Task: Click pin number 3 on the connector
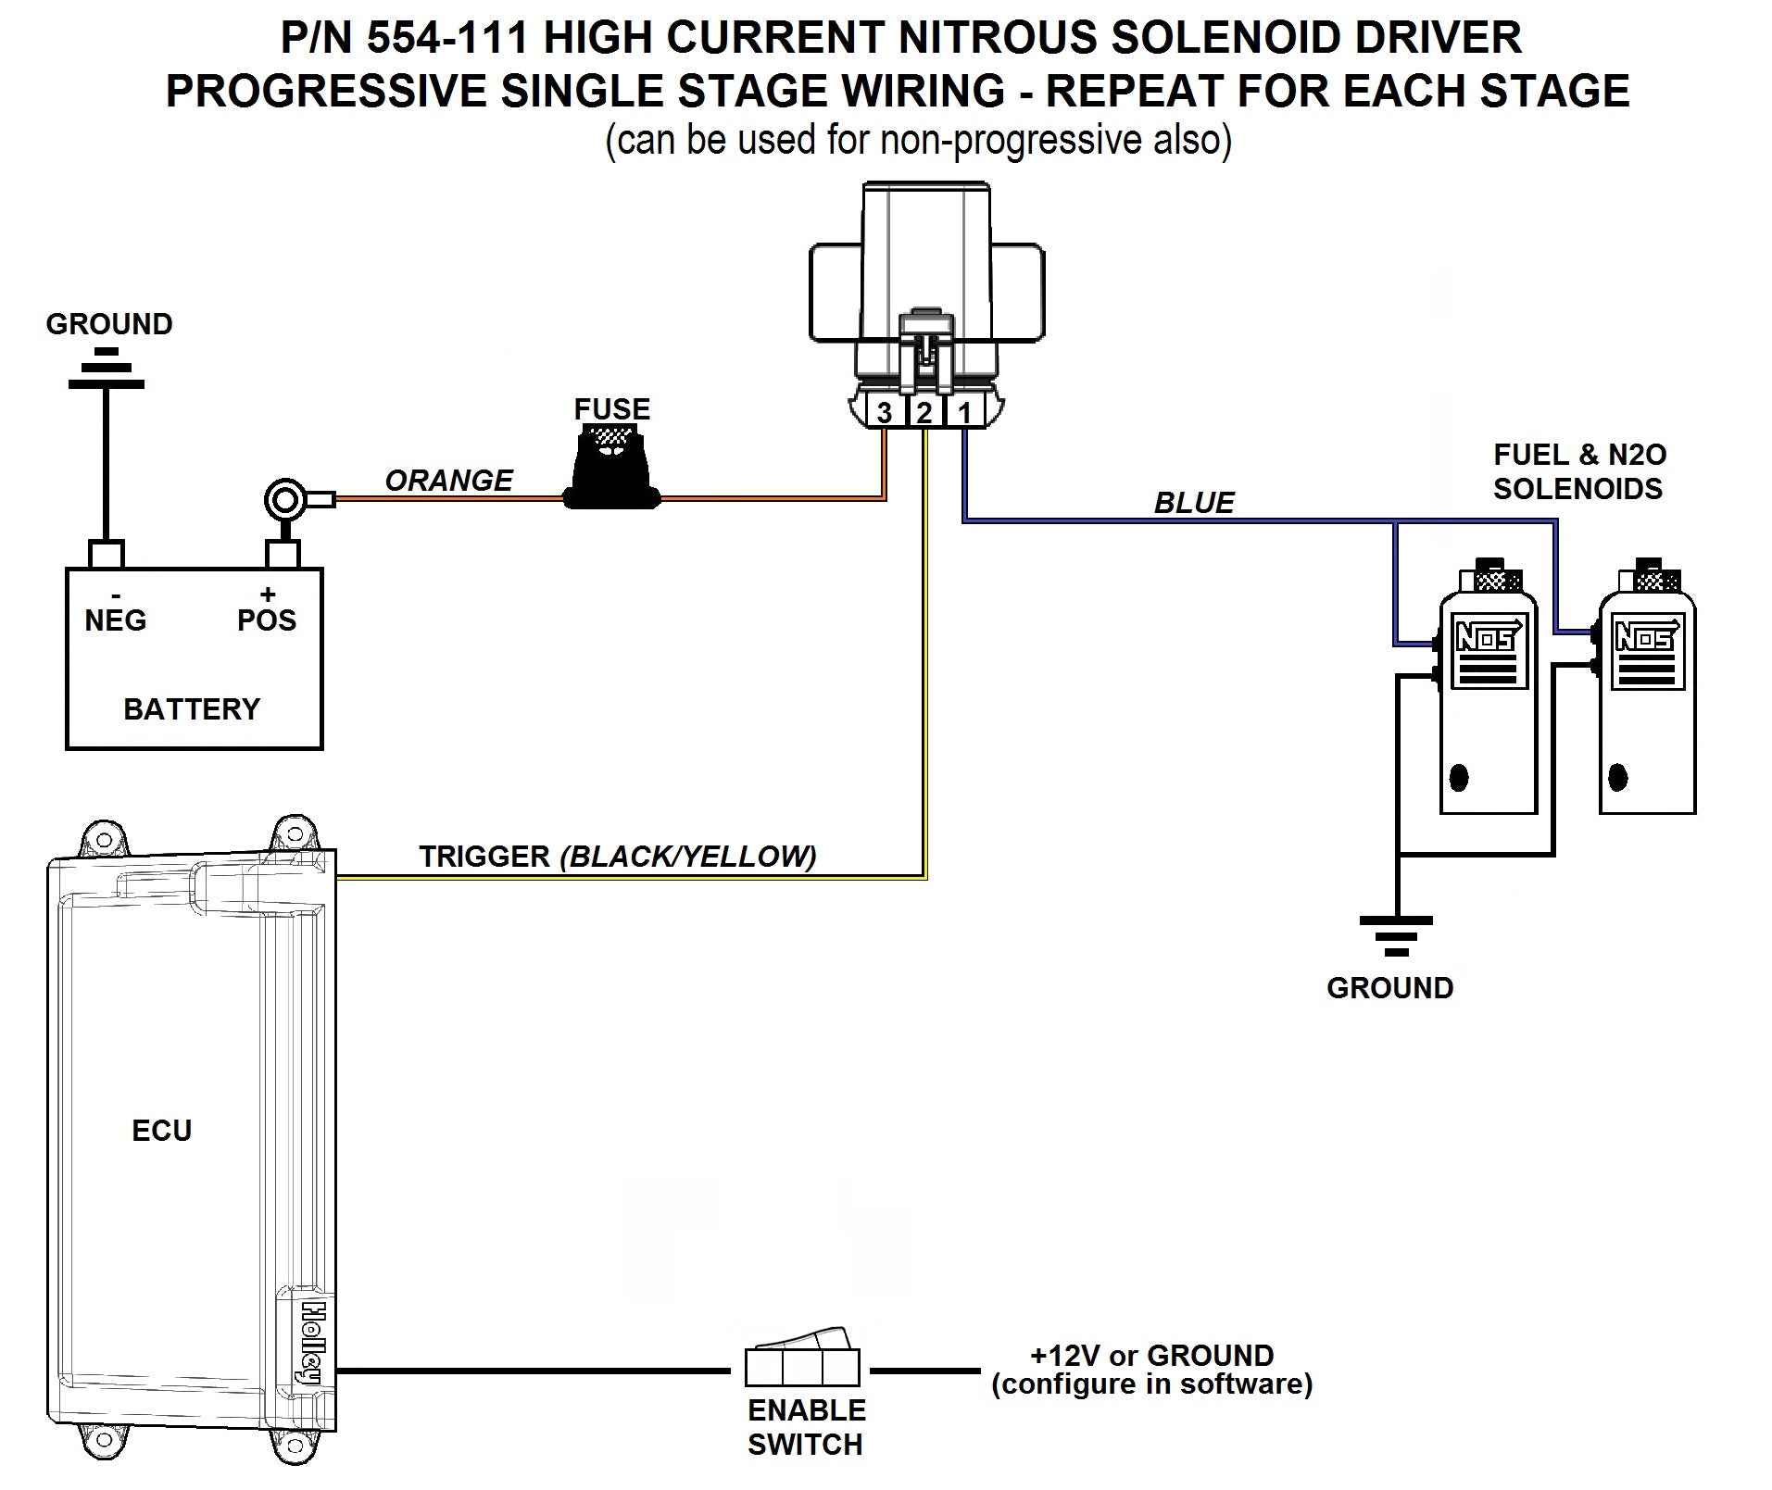885,412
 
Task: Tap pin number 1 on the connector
964,412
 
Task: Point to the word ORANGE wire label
448,481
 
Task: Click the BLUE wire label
1193,503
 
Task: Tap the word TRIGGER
484,857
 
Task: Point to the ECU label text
161,1131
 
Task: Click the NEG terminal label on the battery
115,620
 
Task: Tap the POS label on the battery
267,620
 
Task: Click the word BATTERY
192,709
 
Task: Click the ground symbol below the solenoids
1396,935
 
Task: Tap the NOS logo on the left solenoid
1487,637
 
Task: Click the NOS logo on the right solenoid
1646,637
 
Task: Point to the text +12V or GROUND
1151,1356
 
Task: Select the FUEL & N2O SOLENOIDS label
1578,471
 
